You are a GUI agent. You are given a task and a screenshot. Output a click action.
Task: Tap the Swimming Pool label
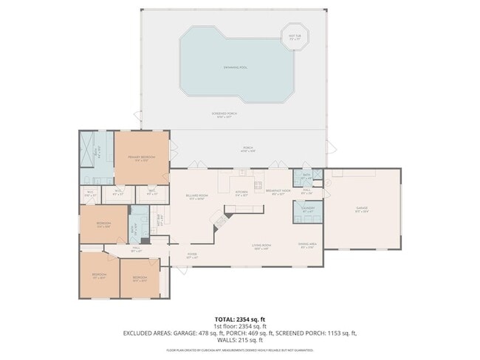(x=235, y=67)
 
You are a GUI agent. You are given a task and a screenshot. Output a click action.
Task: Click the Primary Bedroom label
(x=141, y=158)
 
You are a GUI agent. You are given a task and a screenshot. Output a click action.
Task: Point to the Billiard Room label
(x=196, y=197)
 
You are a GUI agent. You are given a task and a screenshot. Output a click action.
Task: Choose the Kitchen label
(x=241, y=193)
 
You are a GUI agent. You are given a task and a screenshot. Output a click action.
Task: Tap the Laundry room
(x=308, y=210)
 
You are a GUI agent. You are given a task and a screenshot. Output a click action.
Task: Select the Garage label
(x=362, y=210)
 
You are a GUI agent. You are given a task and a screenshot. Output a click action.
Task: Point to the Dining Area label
(x=308, y=246)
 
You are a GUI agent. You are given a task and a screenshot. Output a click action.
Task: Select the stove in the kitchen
(x=258, y=184)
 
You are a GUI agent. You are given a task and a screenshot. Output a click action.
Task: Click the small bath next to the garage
(x=305, y=178)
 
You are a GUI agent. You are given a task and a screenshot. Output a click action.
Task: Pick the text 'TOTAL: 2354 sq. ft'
(x=240, y=319)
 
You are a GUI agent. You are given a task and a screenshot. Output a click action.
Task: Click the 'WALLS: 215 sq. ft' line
(x=240, y=340)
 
